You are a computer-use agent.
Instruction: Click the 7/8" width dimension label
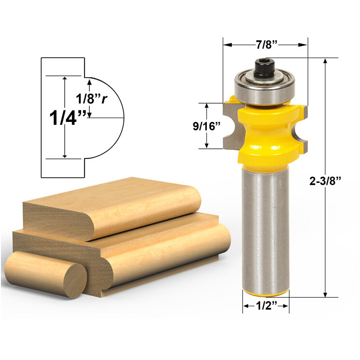coord(265,45)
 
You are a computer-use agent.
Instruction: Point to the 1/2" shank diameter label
coord(265,306)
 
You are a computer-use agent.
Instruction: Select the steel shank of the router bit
coord(265,226)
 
